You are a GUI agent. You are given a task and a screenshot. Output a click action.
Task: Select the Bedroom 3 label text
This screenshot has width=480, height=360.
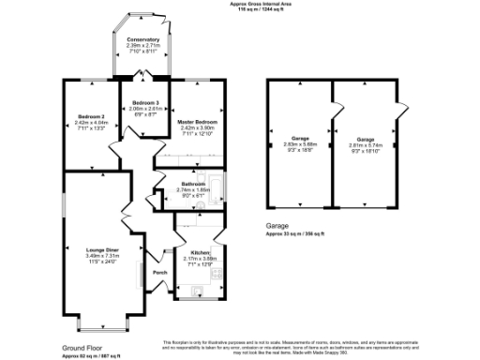(144, 101)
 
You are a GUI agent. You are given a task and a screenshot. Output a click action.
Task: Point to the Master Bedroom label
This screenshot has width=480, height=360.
(195, 123)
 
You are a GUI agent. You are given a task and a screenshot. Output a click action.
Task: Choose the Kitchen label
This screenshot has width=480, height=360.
(201, 253)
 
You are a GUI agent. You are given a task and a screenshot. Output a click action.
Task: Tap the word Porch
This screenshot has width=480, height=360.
(159, 273)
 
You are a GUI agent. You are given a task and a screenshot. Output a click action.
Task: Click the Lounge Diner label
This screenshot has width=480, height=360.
(100, 248)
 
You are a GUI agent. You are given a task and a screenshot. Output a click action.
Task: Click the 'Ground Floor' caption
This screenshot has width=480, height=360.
(81, 347)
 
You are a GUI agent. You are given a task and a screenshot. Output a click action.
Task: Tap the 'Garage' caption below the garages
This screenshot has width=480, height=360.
(277, 226)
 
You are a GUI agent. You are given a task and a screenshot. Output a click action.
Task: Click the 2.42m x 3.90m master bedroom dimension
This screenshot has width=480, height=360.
(195, 128)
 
